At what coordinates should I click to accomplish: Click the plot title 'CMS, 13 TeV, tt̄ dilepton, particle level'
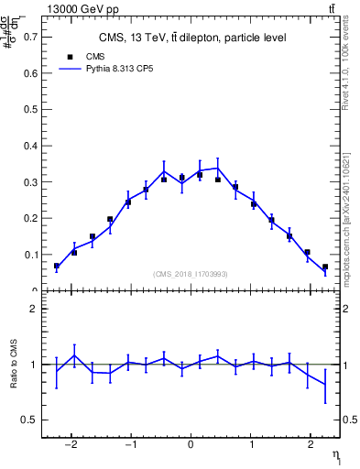[191, 38]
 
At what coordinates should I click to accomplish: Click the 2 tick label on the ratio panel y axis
[35, 309]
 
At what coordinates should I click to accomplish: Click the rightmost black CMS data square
[325, 267]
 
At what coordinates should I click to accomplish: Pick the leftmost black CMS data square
[57, 266]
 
